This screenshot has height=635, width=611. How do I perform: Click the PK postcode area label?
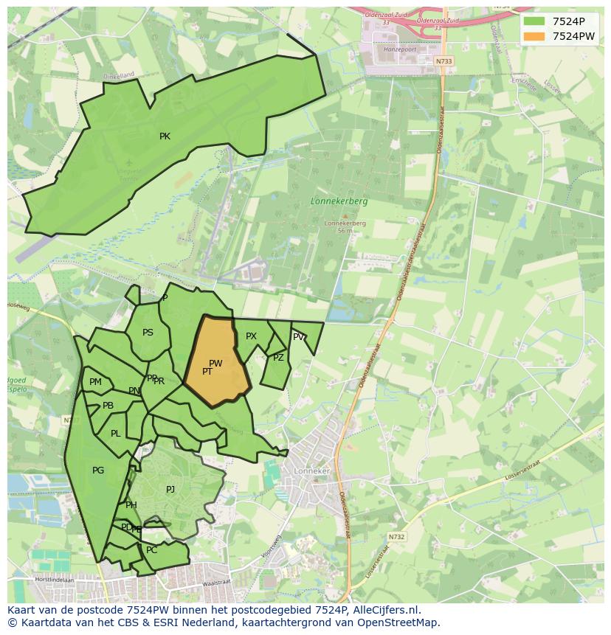coord(165,136)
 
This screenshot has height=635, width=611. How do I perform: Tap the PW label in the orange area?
coord(215,363)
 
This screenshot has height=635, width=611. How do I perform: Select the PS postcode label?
coord(148,333)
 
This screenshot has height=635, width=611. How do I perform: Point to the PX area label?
coord(251,336)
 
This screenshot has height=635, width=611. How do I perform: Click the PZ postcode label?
coord(278,358)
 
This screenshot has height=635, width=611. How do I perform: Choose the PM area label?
coord(95,382)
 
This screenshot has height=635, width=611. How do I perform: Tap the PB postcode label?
coord(108,406)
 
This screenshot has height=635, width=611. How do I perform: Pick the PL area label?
coord(115,434)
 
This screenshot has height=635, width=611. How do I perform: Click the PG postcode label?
coord(98,471)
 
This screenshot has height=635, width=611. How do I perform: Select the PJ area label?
coord(170,489)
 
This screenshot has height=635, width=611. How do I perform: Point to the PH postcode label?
coord(131,505)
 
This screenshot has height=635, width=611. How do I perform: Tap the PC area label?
coord(151,550)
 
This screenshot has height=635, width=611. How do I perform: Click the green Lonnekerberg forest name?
coord(339,201)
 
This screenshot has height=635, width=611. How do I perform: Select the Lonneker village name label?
coord(311,471)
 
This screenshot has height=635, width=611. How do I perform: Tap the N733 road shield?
coord(443,61)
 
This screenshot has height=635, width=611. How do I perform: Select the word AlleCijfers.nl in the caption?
coord(384,610)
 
